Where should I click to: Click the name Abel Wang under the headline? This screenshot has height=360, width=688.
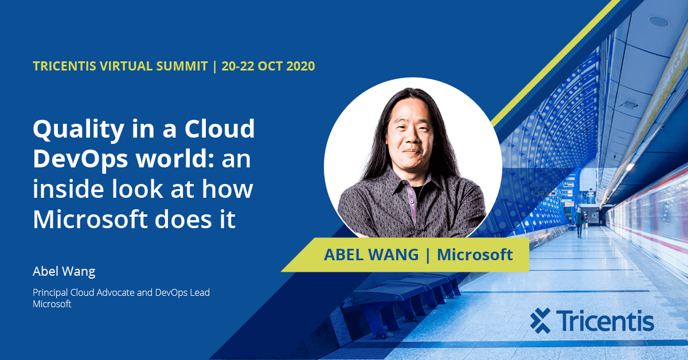64,271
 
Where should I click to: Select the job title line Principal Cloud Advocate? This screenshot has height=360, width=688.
121,292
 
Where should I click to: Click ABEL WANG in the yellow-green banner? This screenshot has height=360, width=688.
371,255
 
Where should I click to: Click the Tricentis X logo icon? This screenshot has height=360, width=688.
540,320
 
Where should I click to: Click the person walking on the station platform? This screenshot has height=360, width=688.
580,222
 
